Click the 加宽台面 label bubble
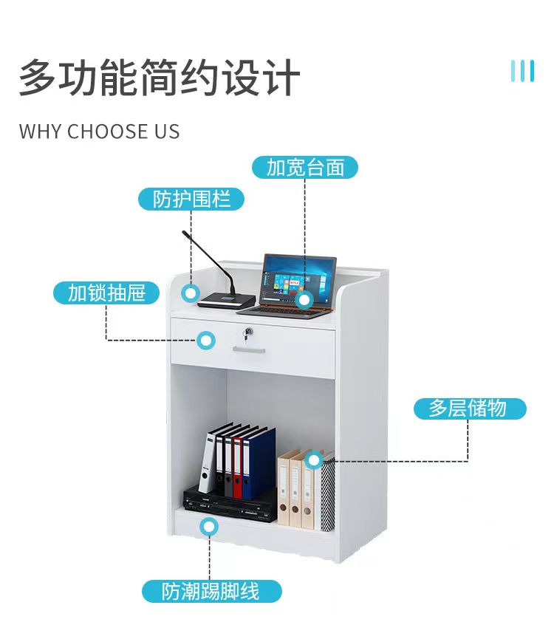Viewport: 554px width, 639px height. point(305,168)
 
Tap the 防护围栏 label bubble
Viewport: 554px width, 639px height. point(191,199)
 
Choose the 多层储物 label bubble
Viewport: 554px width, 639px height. point(468,409)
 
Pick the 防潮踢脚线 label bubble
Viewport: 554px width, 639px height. point(211,591)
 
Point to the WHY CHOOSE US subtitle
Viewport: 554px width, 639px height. point(99,132)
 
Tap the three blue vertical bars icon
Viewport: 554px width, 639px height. point(522,71)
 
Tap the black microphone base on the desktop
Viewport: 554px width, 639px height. point(225,299)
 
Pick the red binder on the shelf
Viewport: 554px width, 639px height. point(237,467)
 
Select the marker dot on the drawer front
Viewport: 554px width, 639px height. point(207,340)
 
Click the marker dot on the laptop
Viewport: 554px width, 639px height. point(304,300)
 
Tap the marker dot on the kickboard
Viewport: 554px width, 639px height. point(210,527)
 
